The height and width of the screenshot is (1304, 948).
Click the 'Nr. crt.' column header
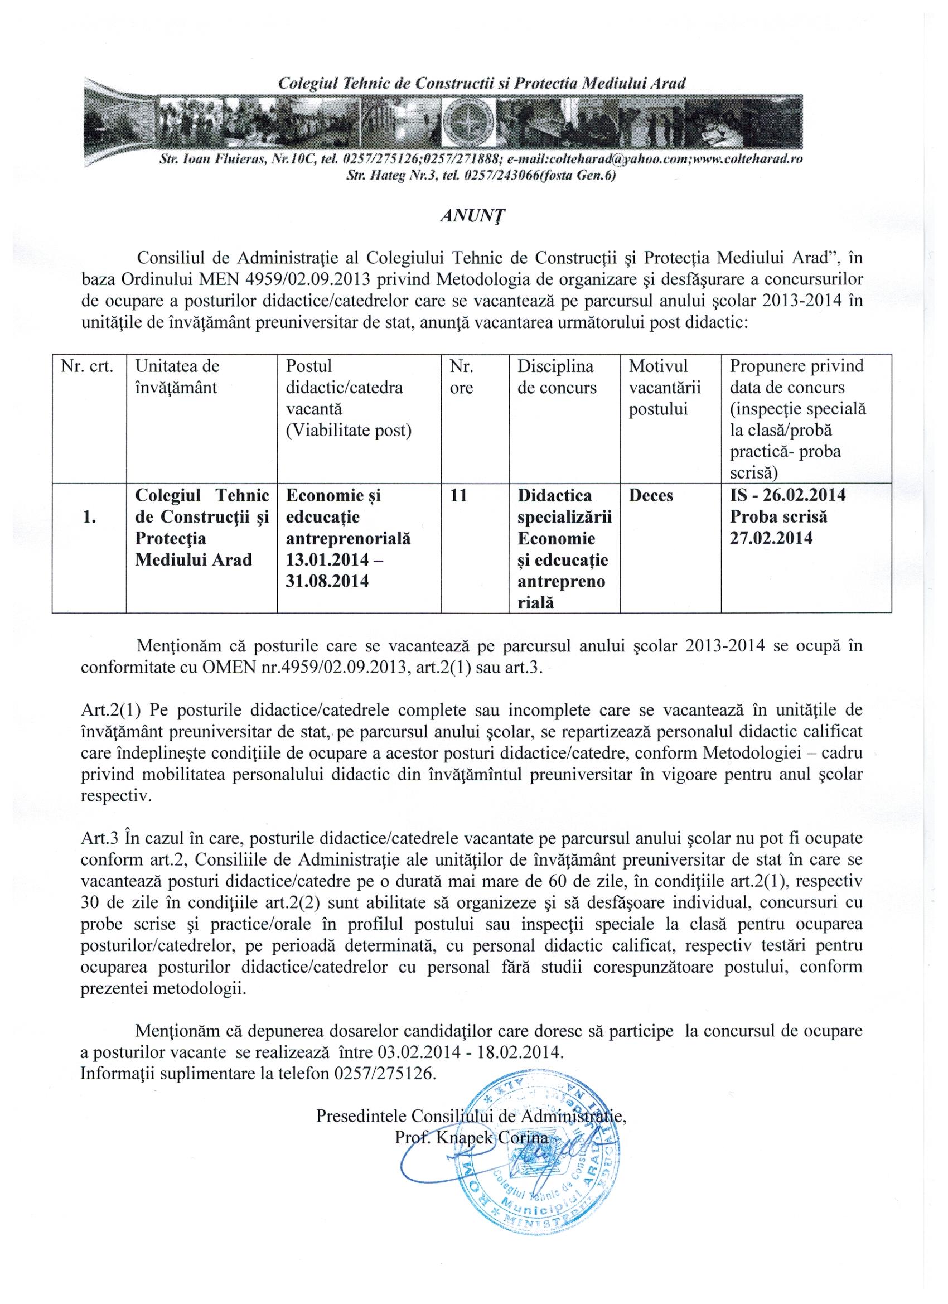click(89, 366)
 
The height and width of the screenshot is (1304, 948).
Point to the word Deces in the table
click(651, 496)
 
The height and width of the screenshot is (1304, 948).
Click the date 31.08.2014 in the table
click(327, 582)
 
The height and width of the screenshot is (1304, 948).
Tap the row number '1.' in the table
click(89, 517)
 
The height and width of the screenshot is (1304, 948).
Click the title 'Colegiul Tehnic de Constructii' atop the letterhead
click(482, 83)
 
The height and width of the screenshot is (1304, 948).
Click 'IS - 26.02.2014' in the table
click(787, 496)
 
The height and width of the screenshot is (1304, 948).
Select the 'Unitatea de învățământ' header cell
click(177, 376)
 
